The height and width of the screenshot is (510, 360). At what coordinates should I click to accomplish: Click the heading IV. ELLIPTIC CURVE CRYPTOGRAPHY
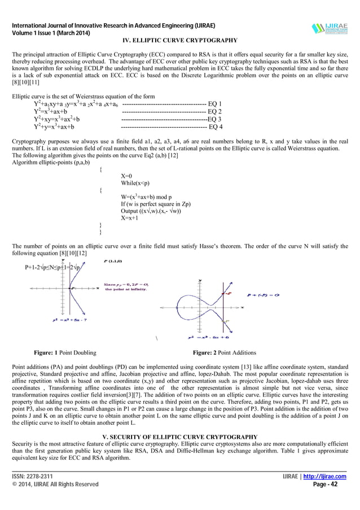[x=180, y=40]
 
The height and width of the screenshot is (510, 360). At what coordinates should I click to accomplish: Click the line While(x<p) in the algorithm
[x=134, y=183]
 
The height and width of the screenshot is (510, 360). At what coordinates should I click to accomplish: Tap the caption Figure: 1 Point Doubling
[x=65, y=353]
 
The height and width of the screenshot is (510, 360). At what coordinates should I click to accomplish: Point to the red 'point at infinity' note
[x=125, y=286]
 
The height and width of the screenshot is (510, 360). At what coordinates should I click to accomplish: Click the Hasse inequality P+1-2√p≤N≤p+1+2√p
[x=54, y=267]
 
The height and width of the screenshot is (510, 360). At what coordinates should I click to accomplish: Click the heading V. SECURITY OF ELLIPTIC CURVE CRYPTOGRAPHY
[x=180, y=437]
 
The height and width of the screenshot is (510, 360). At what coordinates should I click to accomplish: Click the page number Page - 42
[x=333, y=484]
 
